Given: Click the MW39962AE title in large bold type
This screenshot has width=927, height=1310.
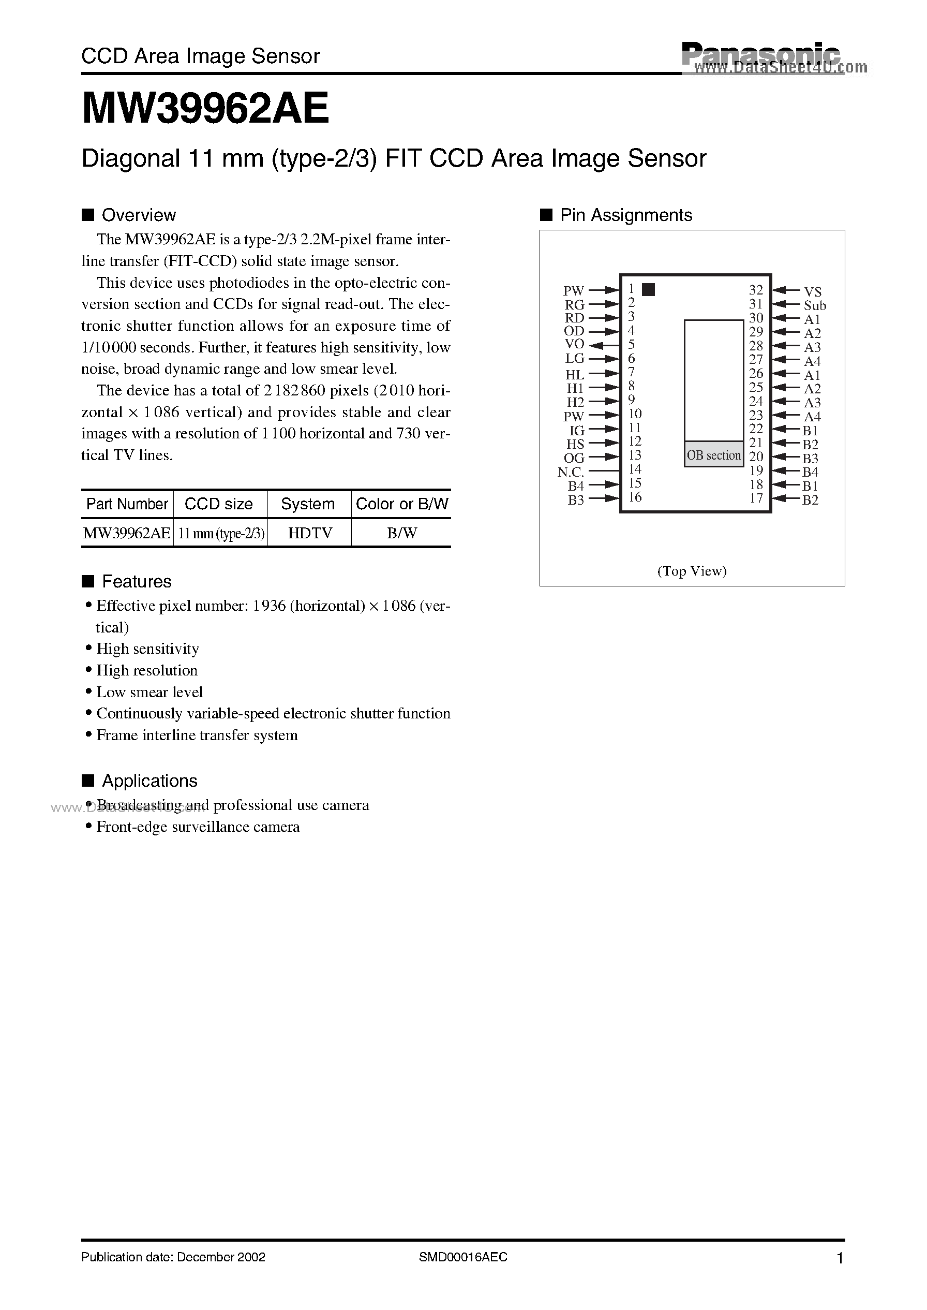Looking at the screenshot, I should pos(205,109).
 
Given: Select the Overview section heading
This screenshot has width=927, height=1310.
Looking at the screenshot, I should pos(138,215).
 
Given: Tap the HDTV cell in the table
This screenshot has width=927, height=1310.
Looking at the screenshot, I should pos(309,533).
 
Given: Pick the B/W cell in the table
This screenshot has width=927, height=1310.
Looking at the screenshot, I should pos(401,533).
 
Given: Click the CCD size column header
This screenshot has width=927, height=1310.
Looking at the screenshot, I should pos(219,504).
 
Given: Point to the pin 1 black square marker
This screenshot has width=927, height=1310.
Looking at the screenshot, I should pos(648,289).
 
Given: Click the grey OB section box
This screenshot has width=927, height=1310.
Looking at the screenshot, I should pos(713,454).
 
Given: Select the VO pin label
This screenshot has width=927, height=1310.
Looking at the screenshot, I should pos(574,344).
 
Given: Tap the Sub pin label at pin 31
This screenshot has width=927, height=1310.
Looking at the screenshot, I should pos(815,305).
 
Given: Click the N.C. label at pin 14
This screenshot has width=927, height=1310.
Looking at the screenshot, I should pos(570,472).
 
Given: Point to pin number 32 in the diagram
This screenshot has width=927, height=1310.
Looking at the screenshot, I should pos(756,290).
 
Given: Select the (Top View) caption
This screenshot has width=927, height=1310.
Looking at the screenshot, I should pos(692,571).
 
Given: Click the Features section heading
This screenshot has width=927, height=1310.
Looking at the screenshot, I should pos(137,581).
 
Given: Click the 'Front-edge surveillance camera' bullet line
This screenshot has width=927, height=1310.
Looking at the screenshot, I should pos(198,827).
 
